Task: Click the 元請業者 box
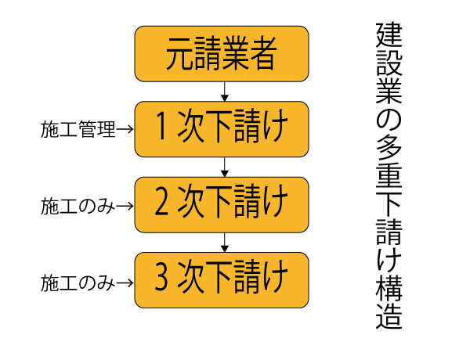[222, 53]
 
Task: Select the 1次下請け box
[222, 129]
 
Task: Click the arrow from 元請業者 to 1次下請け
[225, 91]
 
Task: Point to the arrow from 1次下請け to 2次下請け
[225, 167]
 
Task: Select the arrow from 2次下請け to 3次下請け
[225, 242]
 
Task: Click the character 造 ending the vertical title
[389, 316]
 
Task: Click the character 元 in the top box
[179, 53]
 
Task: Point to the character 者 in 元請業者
[264, 53]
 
